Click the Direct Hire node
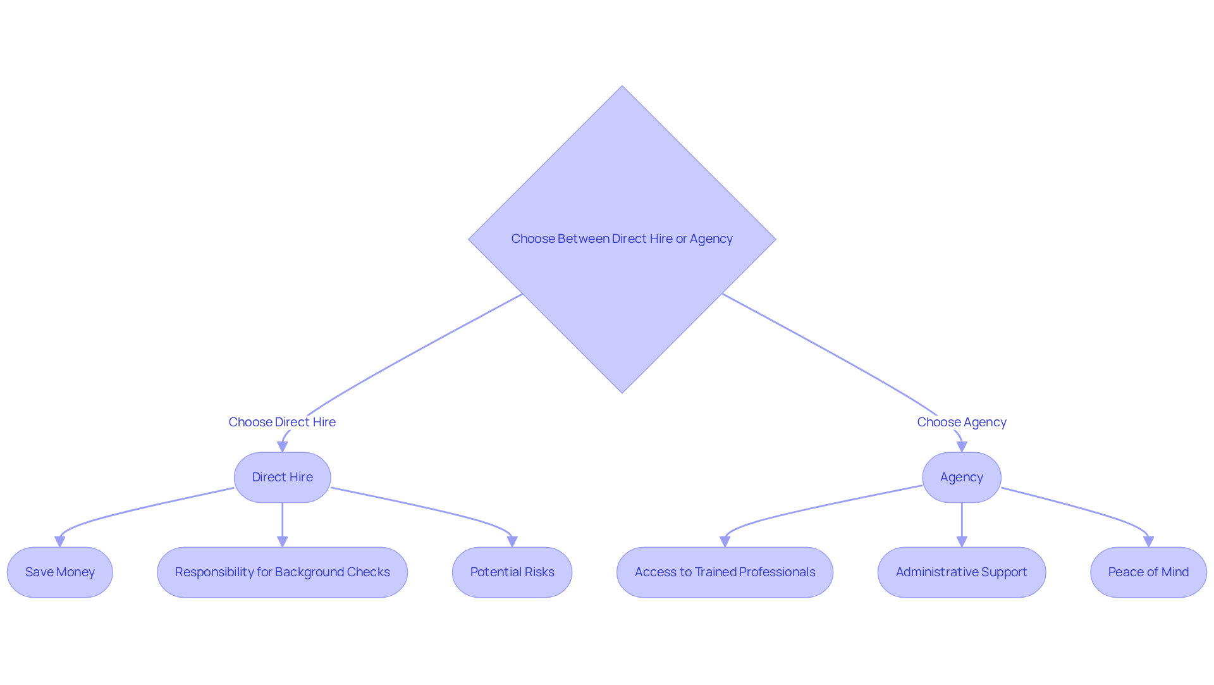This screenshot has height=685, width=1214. coord(282,478)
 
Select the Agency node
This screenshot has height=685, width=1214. coord(961,478)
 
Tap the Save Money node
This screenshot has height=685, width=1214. coord(60,572)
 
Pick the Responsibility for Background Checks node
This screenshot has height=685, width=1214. coord(282,572)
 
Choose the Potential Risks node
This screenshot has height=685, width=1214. coord(512,572)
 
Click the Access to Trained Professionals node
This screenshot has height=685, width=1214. coord(725,572)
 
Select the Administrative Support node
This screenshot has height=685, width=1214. coord(961,572)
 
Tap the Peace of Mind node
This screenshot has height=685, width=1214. coord(1148,572)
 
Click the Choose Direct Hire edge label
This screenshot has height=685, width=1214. coord(282,422)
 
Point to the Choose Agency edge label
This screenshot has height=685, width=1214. coord(961,422)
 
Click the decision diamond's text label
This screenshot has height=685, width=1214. coord(622,239)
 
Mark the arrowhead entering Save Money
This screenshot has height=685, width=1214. coord(60,542)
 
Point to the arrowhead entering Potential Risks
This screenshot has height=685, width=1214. coord(512,542)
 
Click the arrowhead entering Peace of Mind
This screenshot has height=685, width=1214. coord(1148,542)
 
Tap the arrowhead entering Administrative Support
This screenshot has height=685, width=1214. coord(962,542)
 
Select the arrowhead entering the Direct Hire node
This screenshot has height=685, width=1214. coord(283,447)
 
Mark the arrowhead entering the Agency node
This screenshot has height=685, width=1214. coord(962,447)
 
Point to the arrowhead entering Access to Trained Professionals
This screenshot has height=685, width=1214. coord(725,542)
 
